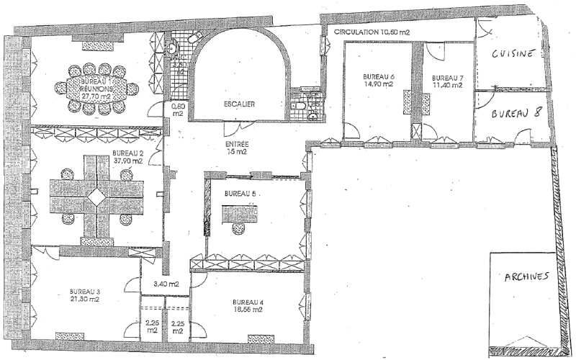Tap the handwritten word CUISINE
pos(512,53)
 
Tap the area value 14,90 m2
pos(378,84)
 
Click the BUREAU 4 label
pos(248,302)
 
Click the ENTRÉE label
pos(236,144)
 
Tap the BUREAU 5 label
pos(238,194)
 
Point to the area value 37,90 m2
pos(127,162)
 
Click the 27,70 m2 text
pos(96,94)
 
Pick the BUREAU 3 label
pos(84,291)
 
